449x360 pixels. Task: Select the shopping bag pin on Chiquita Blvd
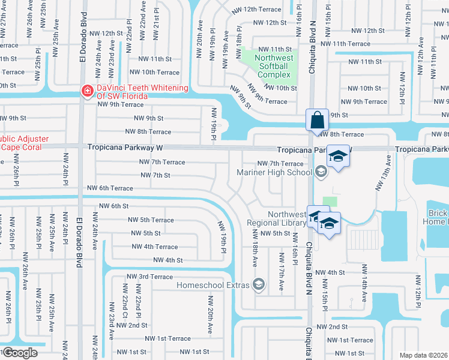tap(317, 119)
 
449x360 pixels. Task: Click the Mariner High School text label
tap(274, 173)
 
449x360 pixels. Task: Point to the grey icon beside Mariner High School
tap(321, 173)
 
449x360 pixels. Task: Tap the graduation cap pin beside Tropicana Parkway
tap(338, 157)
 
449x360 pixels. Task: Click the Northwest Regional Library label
tap(277, 218)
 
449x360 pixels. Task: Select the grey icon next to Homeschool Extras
tap(259, 284)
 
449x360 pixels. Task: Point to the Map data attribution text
tap(424, 355)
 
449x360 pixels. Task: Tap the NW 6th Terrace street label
tap(110, 188)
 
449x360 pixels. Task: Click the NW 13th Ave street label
tap(383, 173)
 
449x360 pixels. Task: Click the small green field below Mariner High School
tap(330, 202)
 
